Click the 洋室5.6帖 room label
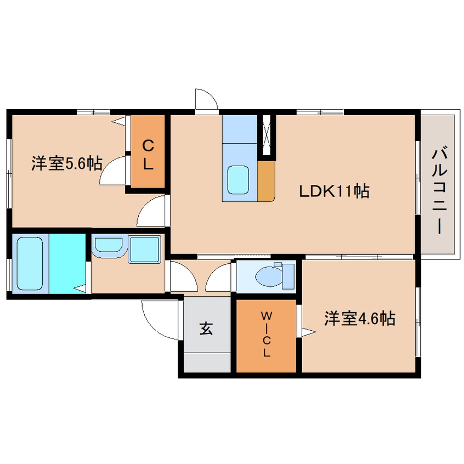[66, 163]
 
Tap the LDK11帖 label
[333, 191]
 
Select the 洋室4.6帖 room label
[360, 319]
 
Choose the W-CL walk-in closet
[266, 335]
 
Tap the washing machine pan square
[144, 250]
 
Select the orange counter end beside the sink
[265, 180]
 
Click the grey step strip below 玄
[207, 363]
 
